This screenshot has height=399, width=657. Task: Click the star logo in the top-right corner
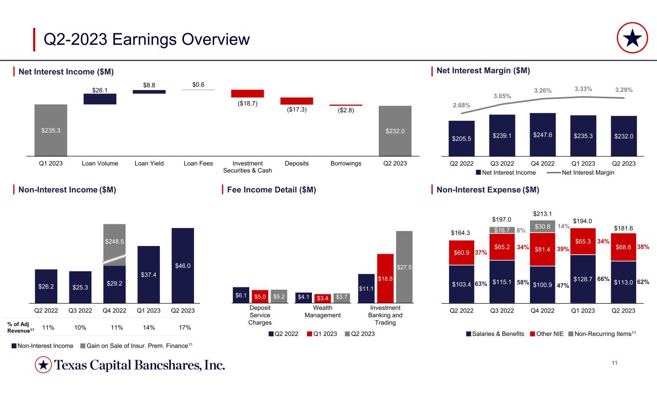(x=634, y=39)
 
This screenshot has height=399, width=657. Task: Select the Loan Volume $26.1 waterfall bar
(x=100, y=99)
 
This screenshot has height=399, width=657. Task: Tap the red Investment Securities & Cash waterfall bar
(x=247, y=93)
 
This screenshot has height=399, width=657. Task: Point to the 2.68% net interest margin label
(x=461, y=105)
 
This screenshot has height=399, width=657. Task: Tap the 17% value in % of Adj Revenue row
(x=184, y=328)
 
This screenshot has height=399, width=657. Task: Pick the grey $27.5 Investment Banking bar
(x=404, y=267)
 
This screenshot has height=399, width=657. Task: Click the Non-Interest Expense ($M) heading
(x=487, y=190)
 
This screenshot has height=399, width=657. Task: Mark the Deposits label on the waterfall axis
(x=296, y=164)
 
